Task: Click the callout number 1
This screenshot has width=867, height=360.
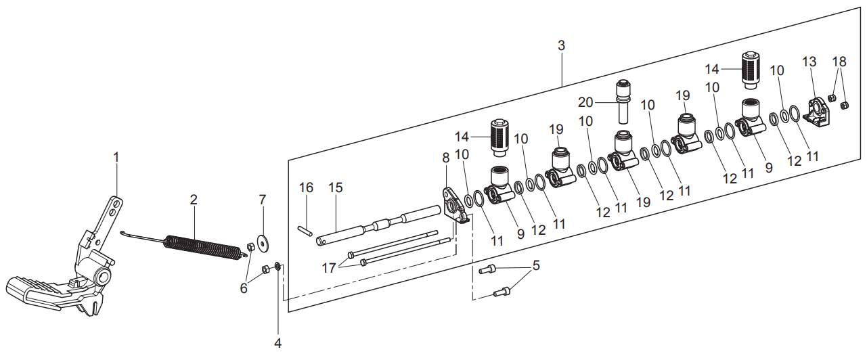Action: click(116, 157)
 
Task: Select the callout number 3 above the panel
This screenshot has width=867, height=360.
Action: click(561, 46)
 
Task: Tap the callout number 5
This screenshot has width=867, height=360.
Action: click(536, 266)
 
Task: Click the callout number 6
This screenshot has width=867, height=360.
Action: click(244, 288)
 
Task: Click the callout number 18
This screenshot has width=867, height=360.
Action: click(839, 62)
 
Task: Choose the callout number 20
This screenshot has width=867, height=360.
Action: click(585, 102)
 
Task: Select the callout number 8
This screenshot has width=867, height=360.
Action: click(445, 158)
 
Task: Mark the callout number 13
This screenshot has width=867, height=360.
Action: click(809, 62)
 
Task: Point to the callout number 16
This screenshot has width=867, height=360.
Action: click(306, 187)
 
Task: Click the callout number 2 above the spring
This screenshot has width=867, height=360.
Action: click(194, 200)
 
